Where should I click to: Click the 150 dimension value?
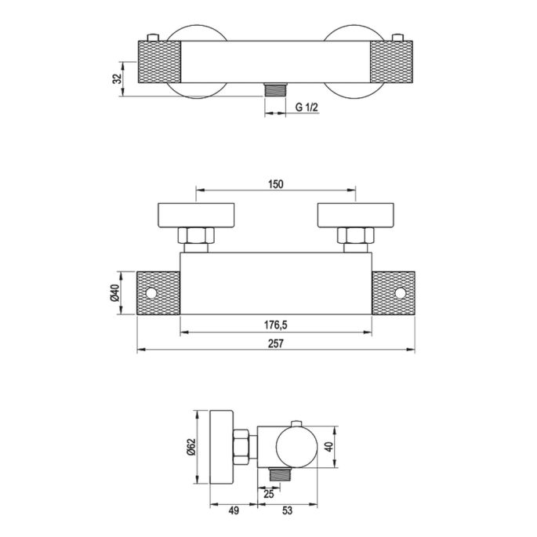click(x=276, y=184)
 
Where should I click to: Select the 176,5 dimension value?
click(x=276, y=325)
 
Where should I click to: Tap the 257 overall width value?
click(x=276, y=343)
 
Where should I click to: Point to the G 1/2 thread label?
click(x=307, y=107)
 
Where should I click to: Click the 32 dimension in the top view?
click(x=118, y=78)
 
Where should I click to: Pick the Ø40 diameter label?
click(x=114, y=293)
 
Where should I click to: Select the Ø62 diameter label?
click(x=190, y=447)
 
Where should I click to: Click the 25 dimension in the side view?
click(x=269, y=494)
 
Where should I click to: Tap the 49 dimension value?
click(x=234, y=510)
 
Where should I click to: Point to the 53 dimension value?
click(x=288, y=510)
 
